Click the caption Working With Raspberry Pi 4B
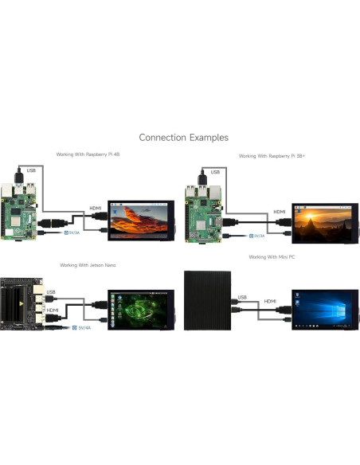[x=88, y=154]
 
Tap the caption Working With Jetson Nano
[x=88, y=264]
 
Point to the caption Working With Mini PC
[x=271, y=257]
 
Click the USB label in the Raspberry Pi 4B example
[x=31, y=170]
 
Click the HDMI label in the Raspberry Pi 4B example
[x=96, y=208]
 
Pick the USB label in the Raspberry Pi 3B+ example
[x=215, y=171]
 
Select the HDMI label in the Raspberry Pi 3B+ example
[x=280, y=212]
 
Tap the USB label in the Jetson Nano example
[x=51, y=291]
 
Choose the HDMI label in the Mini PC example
[x=270, y=301]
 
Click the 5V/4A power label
[x=83, y=326]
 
